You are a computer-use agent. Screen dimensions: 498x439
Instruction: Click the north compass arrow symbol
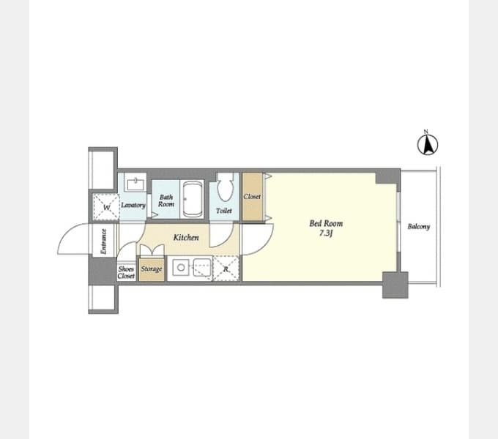point(428,145)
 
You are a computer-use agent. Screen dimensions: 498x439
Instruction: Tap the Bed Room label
point(326,224)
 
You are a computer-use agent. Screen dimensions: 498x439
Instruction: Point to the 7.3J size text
point(326,233)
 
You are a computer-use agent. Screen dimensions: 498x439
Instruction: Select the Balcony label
point(419,227)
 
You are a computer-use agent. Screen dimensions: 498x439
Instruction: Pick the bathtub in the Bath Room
point(193,199)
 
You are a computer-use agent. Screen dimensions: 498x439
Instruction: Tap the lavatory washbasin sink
point(135,184)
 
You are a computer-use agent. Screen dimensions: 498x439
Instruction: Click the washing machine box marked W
point(106,208)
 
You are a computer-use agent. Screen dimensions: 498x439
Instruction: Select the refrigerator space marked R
point(226,269)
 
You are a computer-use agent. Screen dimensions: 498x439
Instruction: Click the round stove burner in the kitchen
point(181,267)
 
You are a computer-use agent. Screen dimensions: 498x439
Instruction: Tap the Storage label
point(152,269)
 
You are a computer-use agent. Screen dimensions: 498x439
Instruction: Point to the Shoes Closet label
point(126,272)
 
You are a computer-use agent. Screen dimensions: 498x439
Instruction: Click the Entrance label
point(103,241)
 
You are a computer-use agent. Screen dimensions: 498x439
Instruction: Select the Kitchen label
point(186,237)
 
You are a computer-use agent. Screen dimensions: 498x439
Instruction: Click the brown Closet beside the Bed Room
point(253,197)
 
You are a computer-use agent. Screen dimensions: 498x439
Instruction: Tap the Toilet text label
point(224,210)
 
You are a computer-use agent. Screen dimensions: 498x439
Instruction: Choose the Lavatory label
point(133,205)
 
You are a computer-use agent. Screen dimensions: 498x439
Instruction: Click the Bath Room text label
point(166,200)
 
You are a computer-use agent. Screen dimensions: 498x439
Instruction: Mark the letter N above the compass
point(426,131)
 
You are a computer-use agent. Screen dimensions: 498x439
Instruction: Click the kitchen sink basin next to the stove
point(202,267)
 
